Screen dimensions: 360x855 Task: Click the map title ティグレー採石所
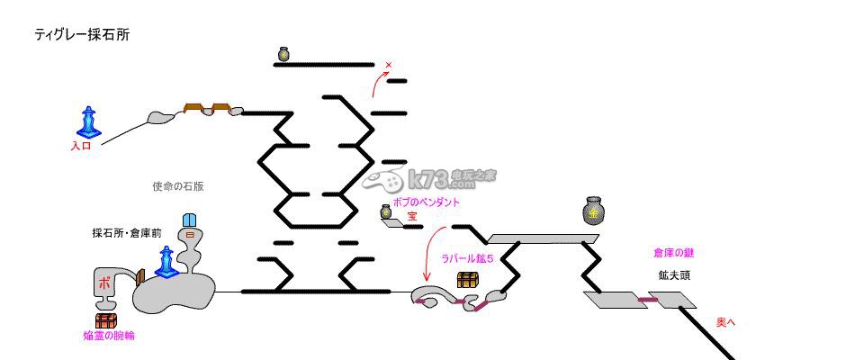pos(82,34)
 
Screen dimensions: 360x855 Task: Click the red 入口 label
pos(81,146)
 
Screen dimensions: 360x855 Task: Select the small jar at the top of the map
pos(283,55)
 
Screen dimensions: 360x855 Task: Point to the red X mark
pos(389,65)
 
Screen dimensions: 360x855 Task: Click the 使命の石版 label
pos(178,187)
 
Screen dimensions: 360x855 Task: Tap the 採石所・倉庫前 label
pos(127,232)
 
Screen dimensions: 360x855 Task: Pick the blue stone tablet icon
pos(190,222)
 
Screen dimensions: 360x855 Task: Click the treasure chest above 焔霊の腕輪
pos(106,319)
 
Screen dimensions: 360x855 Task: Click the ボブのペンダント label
pos(427,202)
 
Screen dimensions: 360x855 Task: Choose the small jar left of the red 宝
pos(386,212)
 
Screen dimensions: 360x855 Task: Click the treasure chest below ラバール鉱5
pos(467,280)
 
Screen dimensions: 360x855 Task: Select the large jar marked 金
pos(593,211)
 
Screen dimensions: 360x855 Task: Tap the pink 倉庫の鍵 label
pos(675,254)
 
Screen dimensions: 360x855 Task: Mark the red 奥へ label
pos(725,321)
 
